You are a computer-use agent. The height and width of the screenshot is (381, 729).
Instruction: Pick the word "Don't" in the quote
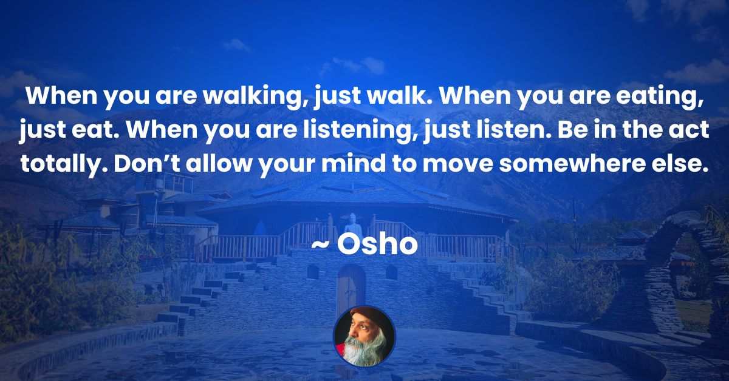(x=148, y=164)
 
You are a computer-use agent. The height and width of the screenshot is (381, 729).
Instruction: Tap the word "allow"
(x=219, y=164)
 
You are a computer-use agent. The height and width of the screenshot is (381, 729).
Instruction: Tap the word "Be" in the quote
(x=570, y=130)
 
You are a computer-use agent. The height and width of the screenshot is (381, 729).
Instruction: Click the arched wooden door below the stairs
(x=352, y=286)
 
